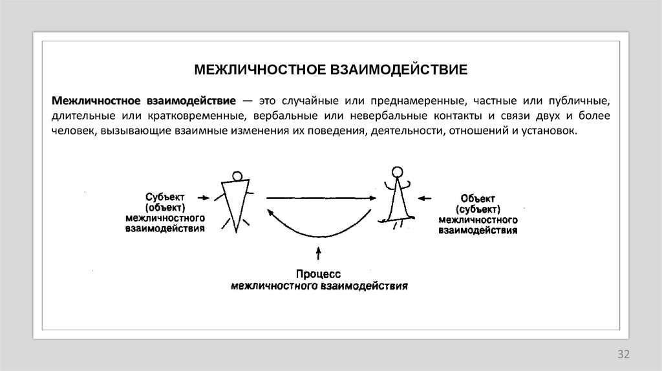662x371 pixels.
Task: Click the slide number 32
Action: [x=623, y=354]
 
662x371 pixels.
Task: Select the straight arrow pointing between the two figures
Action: [x=320, y=198]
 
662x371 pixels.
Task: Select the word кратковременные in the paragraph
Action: [x=206, y=116]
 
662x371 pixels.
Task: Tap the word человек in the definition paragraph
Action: [x=74, y=131]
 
